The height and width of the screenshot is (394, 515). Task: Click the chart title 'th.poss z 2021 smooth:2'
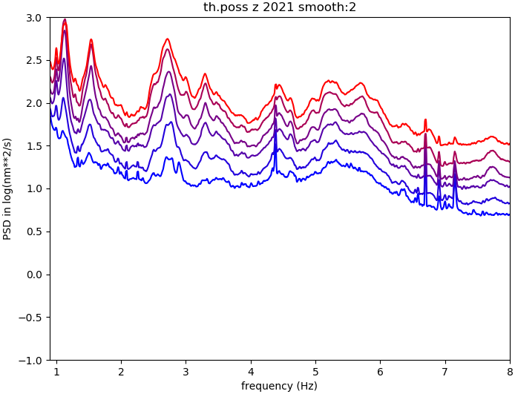pos(280,7)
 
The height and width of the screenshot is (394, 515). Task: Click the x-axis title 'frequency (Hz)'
pos(279,386)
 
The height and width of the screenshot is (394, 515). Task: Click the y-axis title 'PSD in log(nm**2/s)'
pos(7,188)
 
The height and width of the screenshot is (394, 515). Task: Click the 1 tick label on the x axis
pos(56,371)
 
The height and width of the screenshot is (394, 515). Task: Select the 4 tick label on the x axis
pos(251,371)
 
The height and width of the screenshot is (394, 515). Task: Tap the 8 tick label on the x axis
pos(510,371)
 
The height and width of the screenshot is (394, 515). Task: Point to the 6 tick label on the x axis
pos(380,371)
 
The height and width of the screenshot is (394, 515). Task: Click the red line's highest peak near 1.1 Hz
pos(65,20)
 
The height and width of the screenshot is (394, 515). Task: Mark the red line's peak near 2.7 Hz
pos(168,39)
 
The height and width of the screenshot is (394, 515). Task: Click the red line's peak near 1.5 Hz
pos(91,40)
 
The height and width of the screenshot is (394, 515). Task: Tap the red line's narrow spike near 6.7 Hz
pos(425,119)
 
